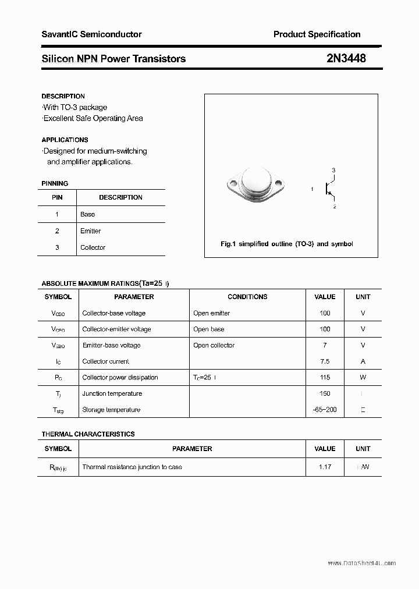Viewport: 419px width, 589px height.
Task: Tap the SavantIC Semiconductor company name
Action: [x=91, y=34]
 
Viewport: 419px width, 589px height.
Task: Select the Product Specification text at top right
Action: [x=317, y=34]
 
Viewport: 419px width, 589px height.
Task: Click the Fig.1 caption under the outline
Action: [x=287, y=244]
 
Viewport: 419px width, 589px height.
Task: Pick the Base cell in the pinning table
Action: [x=87, y=214]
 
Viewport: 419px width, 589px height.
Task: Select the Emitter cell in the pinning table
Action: [x=90, y=231]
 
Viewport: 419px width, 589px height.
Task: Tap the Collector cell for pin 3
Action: [x=93, y=247]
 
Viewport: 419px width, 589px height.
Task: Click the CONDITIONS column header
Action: [x=247, y=297]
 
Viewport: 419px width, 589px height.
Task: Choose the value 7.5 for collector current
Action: [x=325, y=361]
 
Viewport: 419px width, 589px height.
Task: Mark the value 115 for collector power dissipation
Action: [x=325, y=377]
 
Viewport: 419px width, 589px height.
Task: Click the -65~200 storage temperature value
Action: [x=325, y=410]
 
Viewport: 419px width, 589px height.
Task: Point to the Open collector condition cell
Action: [x=214, y=345]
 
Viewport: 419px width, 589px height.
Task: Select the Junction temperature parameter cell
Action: [x=112, y=393]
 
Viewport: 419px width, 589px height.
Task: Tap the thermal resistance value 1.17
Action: [x=325, y=467]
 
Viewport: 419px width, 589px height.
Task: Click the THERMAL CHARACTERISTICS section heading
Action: [x=88, y=434]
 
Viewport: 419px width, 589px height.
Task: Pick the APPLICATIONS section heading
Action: [x=65, y=140]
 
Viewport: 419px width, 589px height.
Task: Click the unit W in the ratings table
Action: [x=363, y=377]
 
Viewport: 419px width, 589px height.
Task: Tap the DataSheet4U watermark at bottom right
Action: [x=361, y=563]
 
